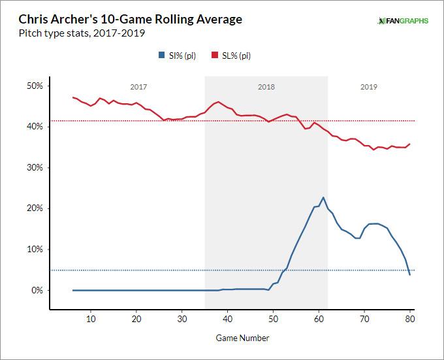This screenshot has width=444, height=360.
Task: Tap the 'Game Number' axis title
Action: (242, 338)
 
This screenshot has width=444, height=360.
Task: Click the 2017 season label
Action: (138, 87)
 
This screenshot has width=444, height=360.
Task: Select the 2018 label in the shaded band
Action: (266, 87)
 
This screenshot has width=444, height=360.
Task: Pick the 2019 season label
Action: (369, 87)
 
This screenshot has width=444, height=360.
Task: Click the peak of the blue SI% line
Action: (323, 197)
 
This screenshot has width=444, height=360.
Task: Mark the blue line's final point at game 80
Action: (410, 274)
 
